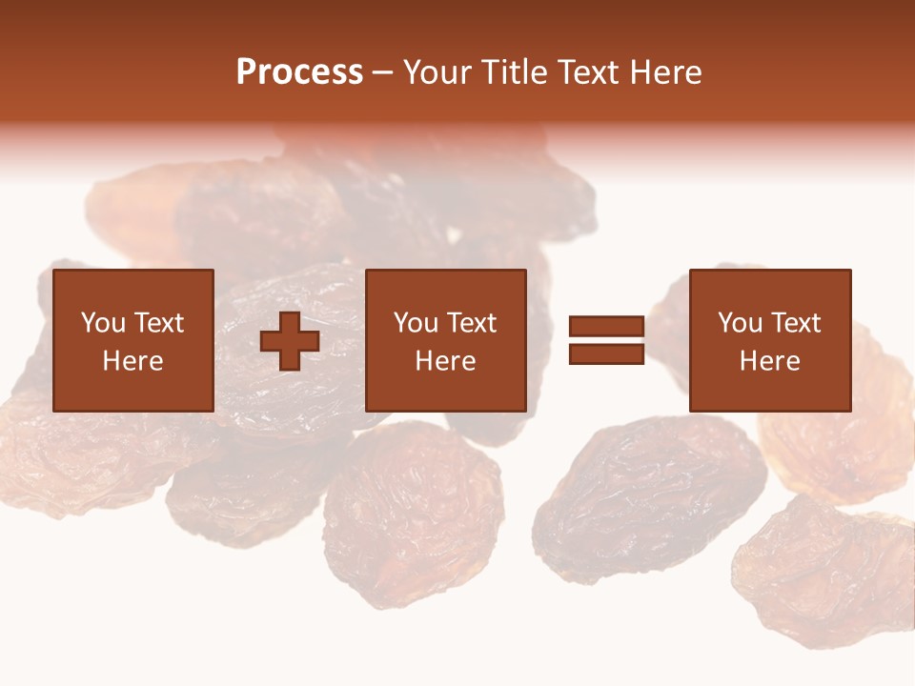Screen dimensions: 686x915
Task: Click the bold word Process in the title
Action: [299, 72]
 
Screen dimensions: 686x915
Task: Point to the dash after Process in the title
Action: [383, 74]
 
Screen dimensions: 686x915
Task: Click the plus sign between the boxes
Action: [290, 341]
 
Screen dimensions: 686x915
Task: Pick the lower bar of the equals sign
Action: [606, 353]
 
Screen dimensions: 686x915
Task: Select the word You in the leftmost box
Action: [103, 323]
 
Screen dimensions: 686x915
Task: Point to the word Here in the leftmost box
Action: [132, 361]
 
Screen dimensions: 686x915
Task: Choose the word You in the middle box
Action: [416, 323]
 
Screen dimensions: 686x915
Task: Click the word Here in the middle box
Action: [445, 361]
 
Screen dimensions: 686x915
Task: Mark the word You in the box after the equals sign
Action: [740, 323]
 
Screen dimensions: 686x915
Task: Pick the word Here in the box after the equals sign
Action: [769, 361]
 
